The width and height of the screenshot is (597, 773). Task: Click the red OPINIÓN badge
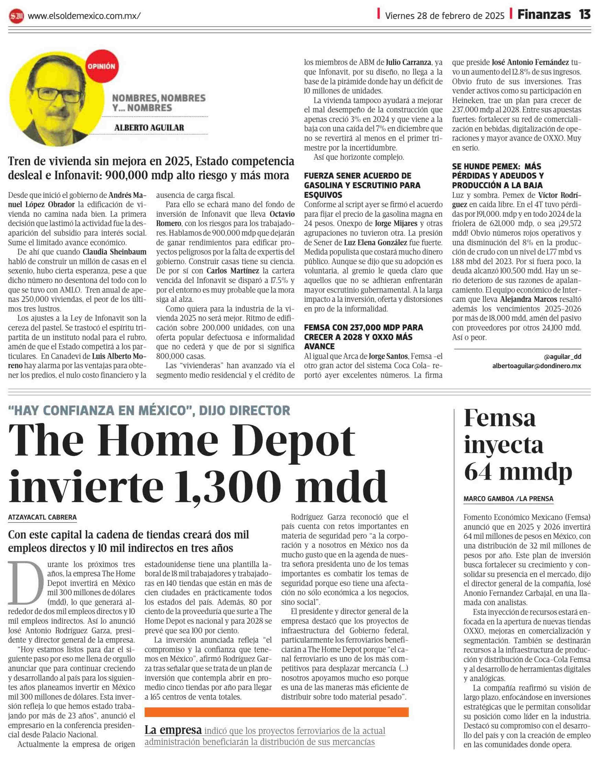click(x=101, y=66)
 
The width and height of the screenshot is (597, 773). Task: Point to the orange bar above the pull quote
click(x=276, y=712)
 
